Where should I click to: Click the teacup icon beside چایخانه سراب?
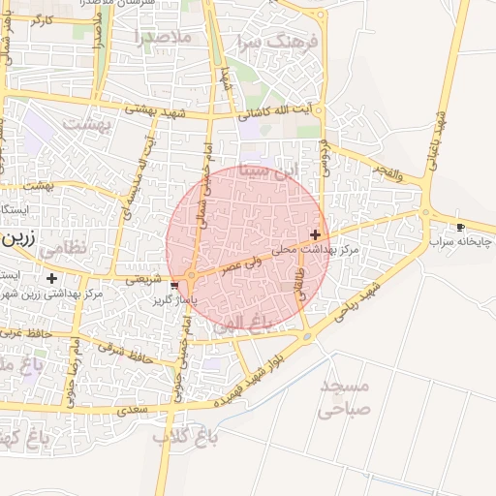(460, 228)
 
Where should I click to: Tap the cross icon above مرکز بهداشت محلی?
(315, 234)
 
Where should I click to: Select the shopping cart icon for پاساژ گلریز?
(174, 286)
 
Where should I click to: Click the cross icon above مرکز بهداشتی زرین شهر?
(51, 278)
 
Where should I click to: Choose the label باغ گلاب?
(185, 438)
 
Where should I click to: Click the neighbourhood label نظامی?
(66, 247)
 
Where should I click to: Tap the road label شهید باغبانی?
(443, 136)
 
